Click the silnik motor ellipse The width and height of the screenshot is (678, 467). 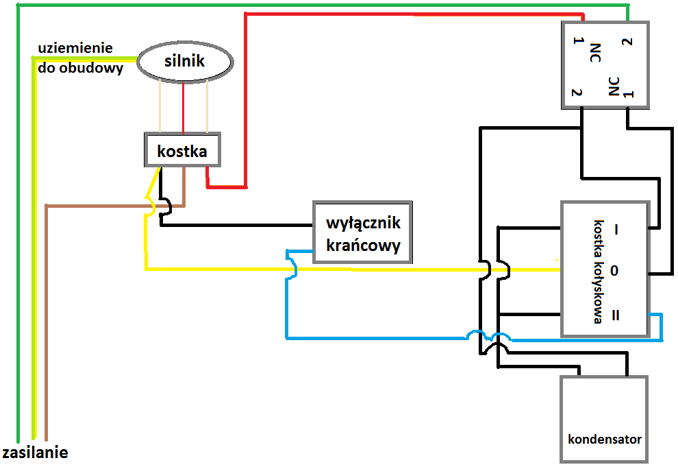click(x=185, y=62)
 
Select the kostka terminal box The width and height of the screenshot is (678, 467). click(x=182, y=149)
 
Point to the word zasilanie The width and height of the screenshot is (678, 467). click(x=35, y=453)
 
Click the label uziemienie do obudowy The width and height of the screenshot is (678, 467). click(x=81, y=58)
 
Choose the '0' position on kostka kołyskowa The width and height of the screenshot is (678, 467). click(x=614, y=271)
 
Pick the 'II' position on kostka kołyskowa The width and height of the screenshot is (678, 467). click(x=615, y=315)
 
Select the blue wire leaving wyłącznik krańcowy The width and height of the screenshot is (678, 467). click(x=288, y=302)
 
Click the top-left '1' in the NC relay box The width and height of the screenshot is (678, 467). click(x=577, y=43)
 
